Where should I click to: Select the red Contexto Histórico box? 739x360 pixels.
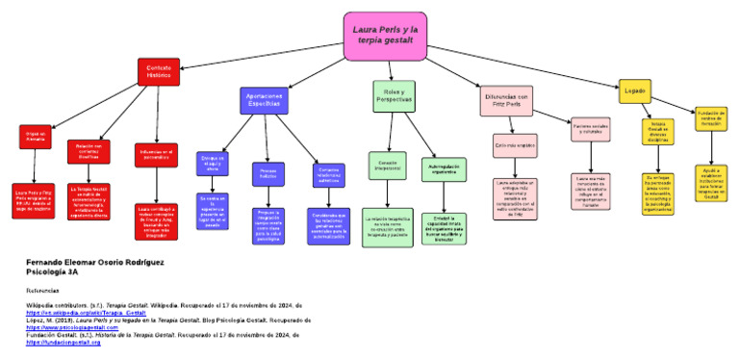coord(158,73)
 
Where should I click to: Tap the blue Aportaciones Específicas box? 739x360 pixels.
coord(265,100)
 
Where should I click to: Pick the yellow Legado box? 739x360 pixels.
coord(634,90)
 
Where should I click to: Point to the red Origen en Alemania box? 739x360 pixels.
coord(35,137)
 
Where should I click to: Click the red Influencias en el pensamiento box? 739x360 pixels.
coord(156,155)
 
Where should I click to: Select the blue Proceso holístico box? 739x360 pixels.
coord(268,174)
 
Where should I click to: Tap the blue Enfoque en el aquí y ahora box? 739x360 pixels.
coord(212,164)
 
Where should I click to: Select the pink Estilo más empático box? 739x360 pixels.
coord(515,145)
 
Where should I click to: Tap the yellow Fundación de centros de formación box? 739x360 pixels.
coord(710,118)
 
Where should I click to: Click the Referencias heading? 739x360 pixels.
coord(42,290)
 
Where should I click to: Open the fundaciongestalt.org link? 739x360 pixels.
coord(64,342)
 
